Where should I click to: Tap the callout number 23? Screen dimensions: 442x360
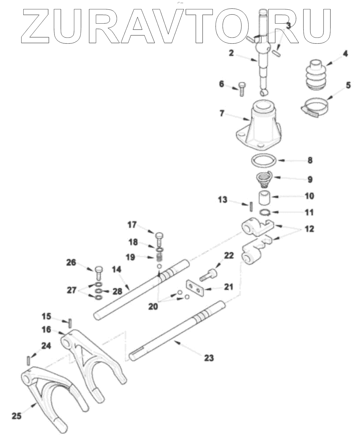(x=209, y=358)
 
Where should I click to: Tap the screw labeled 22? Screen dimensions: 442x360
(x=208, y=276)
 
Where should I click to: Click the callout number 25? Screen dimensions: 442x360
(x=17, y=415)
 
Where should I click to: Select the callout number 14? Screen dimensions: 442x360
(x=117, y=269)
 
